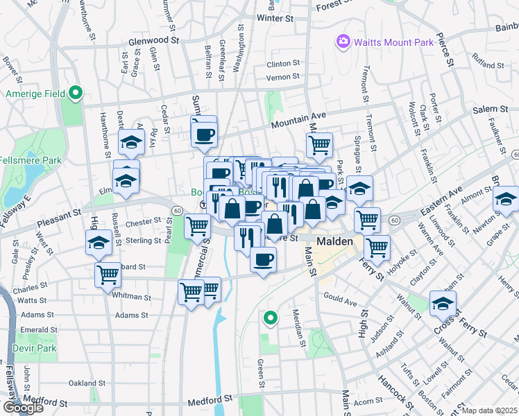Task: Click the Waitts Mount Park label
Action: click(x=393, y=42)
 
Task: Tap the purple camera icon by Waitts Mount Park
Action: click(x=343, y=42)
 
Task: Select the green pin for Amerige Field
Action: click(x=76, y=93)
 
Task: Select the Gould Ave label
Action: click(x=340, y=303)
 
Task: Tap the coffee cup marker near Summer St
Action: click(x=204, y=134)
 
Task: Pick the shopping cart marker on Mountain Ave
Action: click(x=319, y=144)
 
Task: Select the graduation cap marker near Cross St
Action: click(x=443, y=303)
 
